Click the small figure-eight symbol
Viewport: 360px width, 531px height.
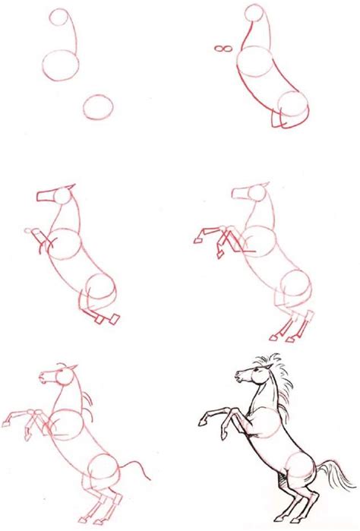click(223, 50)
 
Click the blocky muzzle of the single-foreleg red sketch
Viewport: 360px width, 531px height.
click(45, 196)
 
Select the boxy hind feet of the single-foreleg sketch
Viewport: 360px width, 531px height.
click(106, 318)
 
